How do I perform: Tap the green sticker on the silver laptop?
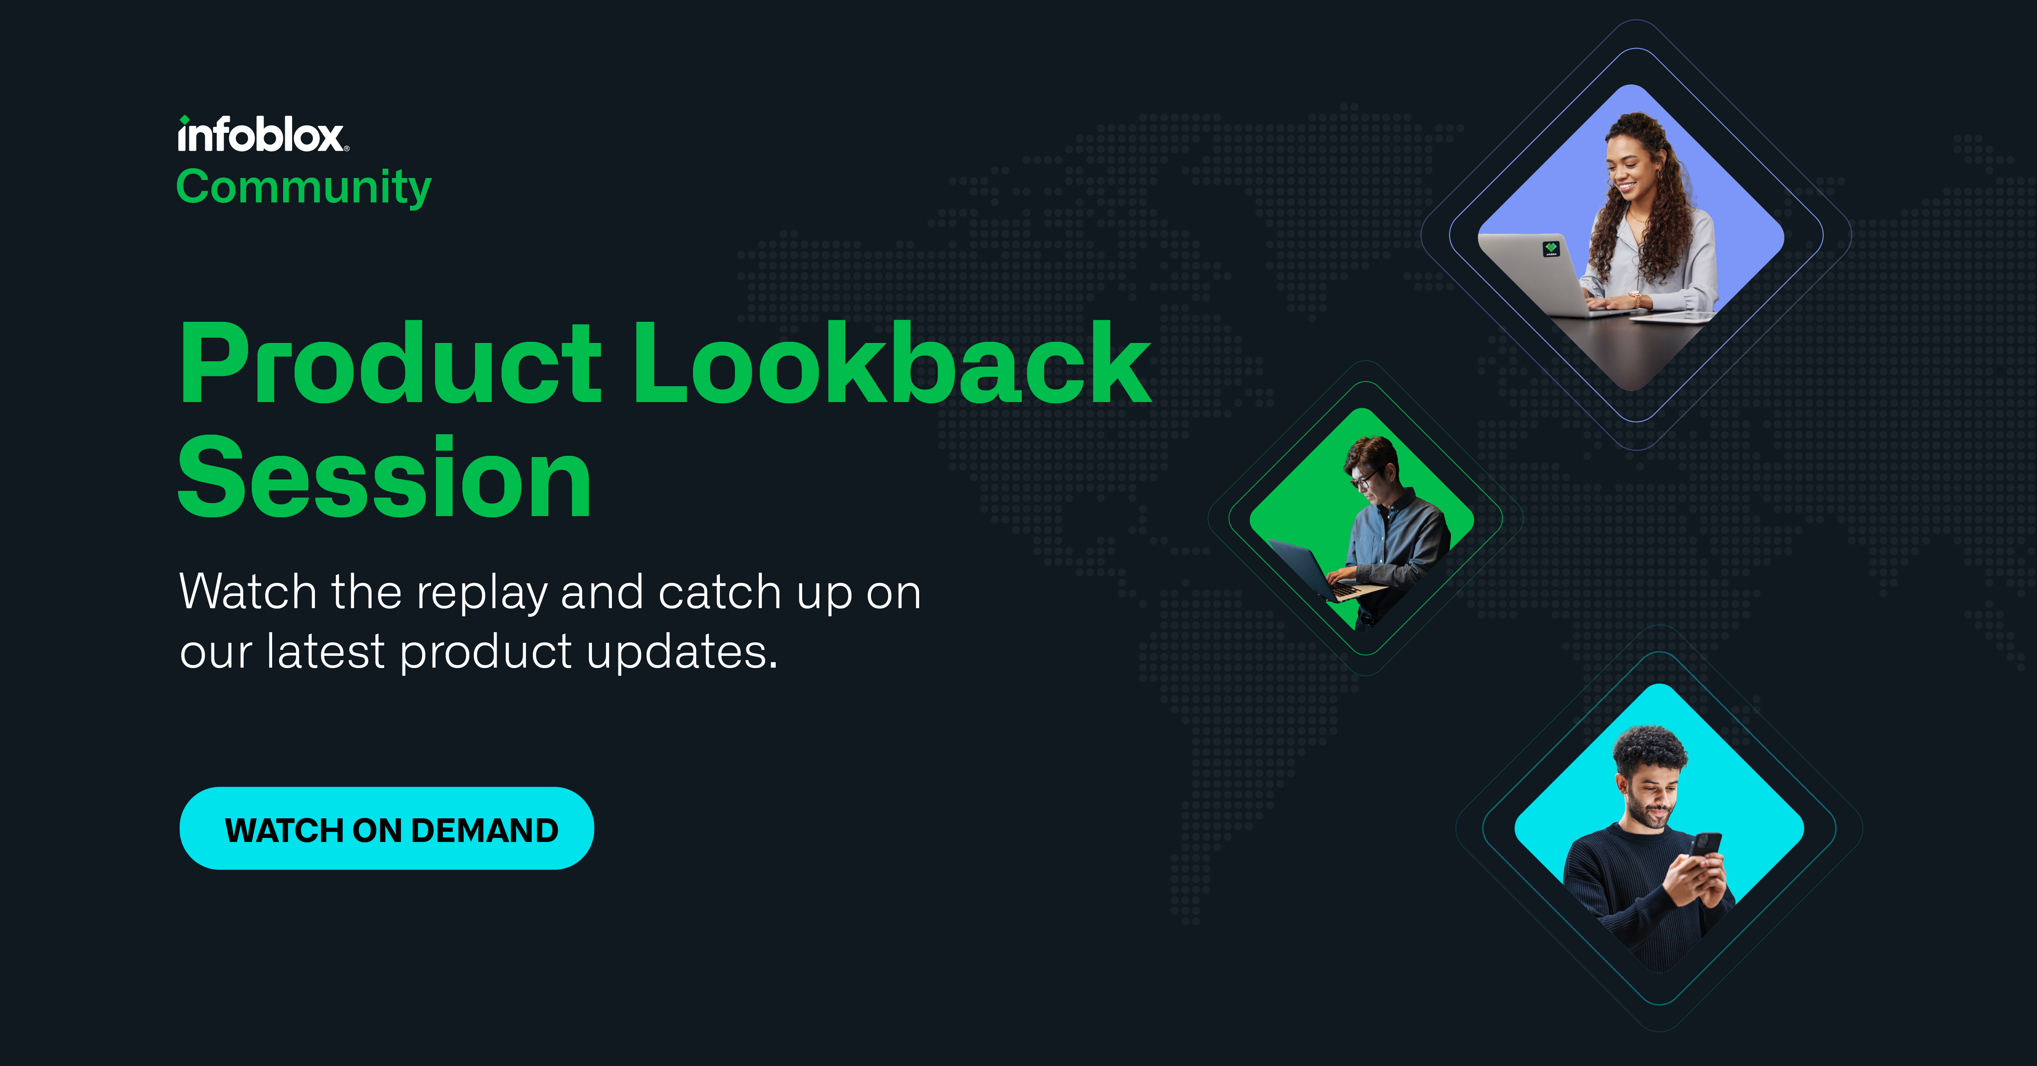[x=1551, y=249]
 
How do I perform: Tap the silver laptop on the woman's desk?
[x=1542, y=277]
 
